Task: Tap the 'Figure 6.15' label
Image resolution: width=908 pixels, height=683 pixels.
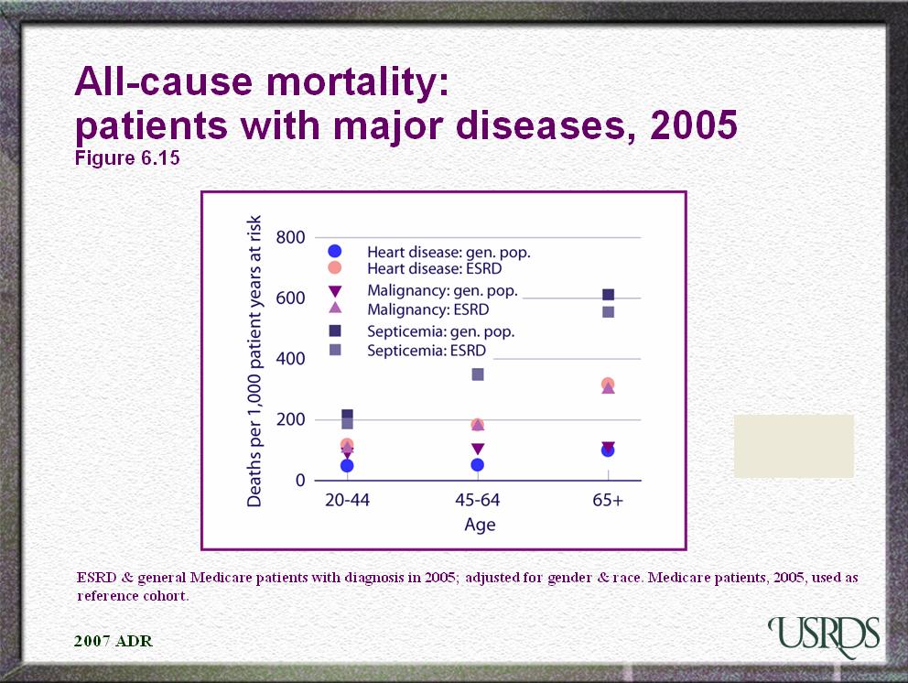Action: tap(126, 157)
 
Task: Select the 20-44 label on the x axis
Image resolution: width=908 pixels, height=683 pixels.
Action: tap(347, 502)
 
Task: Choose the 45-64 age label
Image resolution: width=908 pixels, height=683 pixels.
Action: tap(477, 502)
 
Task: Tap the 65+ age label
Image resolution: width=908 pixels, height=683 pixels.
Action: tap(607, 502)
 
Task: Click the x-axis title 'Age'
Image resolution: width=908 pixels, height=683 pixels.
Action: tap(479, 525)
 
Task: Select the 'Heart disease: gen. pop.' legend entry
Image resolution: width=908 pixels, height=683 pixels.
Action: tap(449, 252)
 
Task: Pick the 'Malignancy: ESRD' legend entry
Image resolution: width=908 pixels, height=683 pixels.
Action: tap(428, 310)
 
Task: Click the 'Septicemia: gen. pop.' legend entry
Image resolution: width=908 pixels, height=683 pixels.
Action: tap(440, 331)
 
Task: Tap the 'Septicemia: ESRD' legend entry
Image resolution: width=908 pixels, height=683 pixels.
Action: tap(427, 351)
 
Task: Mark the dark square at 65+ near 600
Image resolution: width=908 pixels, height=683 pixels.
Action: tap(608, 295)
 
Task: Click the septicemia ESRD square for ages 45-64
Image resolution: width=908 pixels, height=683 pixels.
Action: tap(478, 374)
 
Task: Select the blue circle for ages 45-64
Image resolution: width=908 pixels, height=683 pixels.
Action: tap(477, 465)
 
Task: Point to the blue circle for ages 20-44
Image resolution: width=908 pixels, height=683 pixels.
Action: tap(347, 466)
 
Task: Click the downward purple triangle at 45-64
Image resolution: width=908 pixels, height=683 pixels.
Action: tap(477, 449)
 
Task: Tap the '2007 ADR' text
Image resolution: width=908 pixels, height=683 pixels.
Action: tap(113, 641)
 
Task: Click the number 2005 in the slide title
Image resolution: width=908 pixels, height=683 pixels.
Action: tap(693, 125)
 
